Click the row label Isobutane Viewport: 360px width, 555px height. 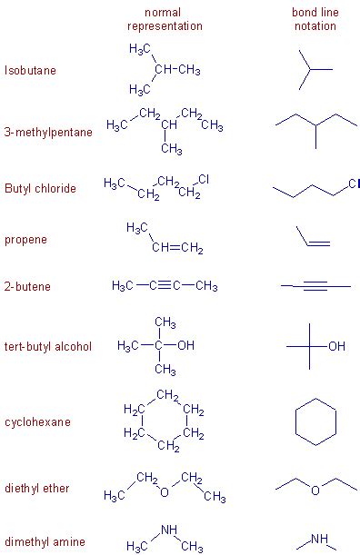[x=30, y=71]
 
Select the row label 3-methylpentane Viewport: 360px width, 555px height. [x=48, y=133]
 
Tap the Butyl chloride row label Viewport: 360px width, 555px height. [x=40, y=189]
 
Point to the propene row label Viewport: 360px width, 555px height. [x=26, y=241]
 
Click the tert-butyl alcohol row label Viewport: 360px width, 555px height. [x=48, y=347]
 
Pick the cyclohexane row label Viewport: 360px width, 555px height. [x=37, y=422]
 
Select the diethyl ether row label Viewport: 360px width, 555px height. [x=36, y=489]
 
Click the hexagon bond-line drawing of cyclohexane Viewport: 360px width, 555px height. [x=315, y=422]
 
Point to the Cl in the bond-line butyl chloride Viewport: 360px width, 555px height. [x=354, y=184]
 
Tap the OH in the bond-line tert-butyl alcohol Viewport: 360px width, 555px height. [x=337, y=346]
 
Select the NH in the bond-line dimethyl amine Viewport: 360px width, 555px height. [x=319, y=539]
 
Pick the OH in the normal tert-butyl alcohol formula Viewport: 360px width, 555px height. [x=185, y=346]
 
